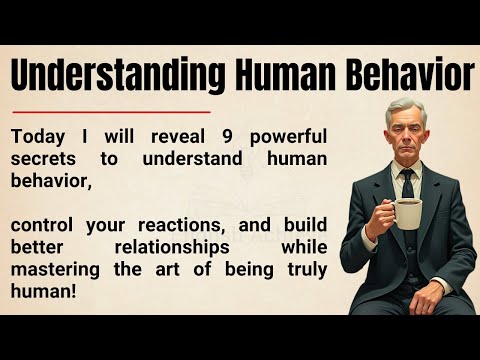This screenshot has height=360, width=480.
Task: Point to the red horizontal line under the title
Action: (111, 111)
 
